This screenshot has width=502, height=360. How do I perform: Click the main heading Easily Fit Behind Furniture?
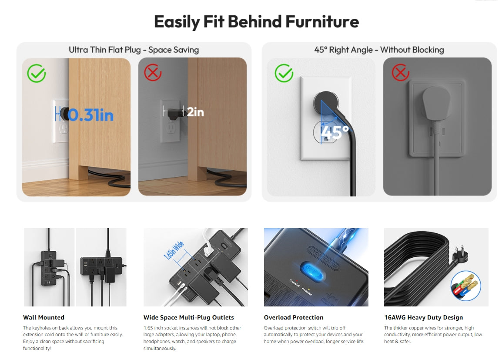point(257,22)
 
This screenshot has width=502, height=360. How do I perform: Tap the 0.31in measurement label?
point(90,115)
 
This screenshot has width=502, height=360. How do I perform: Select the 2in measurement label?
point(195,112)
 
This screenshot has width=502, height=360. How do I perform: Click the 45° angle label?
point(335,132)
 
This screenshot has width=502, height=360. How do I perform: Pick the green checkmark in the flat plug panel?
point(37,73)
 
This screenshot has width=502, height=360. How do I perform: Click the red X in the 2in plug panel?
point(153,73)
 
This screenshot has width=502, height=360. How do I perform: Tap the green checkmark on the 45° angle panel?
point(284,73)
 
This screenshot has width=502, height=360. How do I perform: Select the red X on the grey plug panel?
point(401,72)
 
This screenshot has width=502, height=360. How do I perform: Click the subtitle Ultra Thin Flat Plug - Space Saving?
point(134,50)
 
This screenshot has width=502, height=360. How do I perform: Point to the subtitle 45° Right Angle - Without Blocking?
point(379,50)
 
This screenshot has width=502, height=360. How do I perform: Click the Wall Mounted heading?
point(44,317)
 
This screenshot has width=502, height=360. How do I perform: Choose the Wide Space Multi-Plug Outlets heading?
point(188,317)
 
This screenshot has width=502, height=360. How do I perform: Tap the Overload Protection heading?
point(294,317)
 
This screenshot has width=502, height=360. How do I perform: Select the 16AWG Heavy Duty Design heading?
point(424,317)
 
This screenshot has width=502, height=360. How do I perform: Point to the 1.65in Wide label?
point(174,250)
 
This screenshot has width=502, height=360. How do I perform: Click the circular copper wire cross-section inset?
point(466,286)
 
